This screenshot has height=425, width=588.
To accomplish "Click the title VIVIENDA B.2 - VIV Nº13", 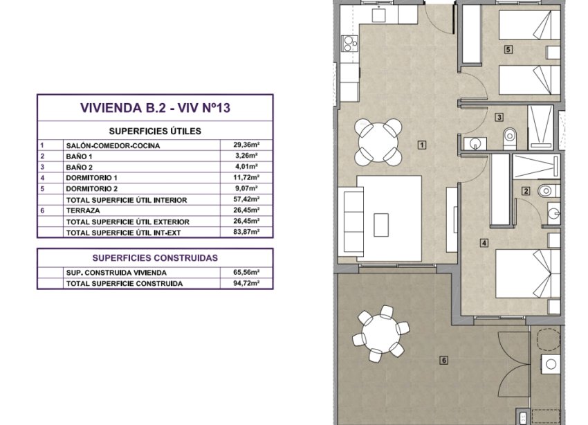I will point(155,108).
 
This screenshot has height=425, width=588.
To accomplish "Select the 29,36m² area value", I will point(246,145).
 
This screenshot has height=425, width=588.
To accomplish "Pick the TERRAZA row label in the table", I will point(82,210).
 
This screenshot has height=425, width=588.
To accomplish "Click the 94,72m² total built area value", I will point(246,284).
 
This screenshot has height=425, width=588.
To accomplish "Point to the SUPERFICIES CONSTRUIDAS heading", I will point(155,257).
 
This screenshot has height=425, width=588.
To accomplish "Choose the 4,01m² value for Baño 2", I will point(246,167).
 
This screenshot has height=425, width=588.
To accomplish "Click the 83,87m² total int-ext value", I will point(246,233).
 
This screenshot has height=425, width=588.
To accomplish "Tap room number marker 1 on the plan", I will point(421,145).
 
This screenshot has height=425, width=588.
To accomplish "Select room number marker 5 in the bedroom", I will point(508,49).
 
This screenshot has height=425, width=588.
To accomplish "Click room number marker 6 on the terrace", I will point(443,359).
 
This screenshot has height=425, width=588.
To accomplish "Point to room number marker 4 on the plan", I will point(484,242).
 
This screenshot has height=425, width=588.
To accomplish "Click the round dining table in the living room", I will point(377,141).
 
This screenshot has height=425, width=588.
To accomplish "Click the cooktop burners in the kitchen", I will point(347,45).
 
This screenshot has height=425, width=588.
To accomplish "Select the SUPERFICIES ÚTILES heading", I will point(155,130).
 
